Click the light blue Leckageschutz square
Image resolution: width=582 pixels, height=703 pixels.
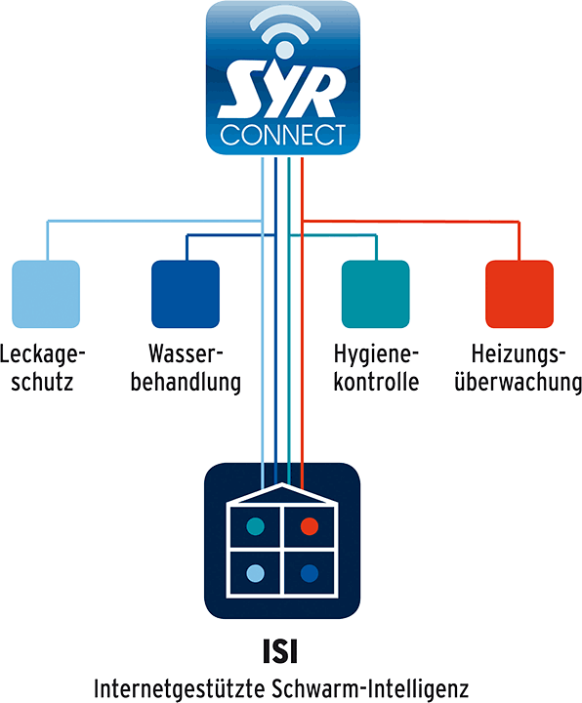click(46, 294)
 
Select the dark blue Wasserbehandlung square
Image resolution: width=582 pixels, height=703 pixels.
click(186, 294)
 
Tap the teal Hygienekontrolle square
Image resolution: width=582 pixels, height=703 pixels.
click(375, 294)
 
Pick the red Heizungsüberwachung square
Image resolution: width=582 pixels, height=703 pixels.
click(520, 294)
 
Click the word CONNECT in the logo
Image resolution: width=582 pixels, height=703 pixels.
click(283, 135)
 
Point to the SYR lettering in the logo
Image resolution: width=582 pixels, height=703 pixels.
click(282, 93)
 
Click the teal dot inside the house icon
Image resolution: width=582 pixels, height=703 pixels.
click(256, 526)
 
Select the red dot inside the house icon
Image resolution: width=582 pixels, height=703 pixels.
click(310, 526)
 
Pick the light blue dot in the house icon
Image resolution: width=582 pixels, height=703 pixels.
click(256, 573)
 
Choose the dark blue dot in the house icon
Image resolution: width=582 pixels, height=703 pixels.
click(310, 573)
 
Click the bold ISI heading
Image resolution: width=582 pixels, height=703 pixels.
click(280, 651)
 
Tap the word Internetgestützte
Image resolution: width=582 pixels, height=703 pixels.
click(180, 688)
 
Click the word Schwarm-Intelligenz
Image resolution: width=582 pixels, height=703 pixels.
click(370, 688)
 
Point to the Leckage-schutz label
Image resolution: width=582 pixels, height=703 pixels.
click(42, 368)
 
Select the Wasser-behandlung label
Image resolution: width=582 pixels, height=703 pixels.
click(186, 368)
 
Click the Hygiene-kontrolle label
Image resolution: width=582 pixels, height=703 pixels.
click(376, 368)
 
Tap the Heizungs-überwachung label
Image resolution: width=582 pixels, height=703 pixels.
click(518, 368)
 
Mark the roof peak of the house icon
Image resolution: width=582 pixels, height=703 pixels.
click(282, 484)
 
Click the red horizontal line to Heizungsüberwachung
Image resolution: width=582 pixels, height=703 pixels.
click(411, 221)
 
